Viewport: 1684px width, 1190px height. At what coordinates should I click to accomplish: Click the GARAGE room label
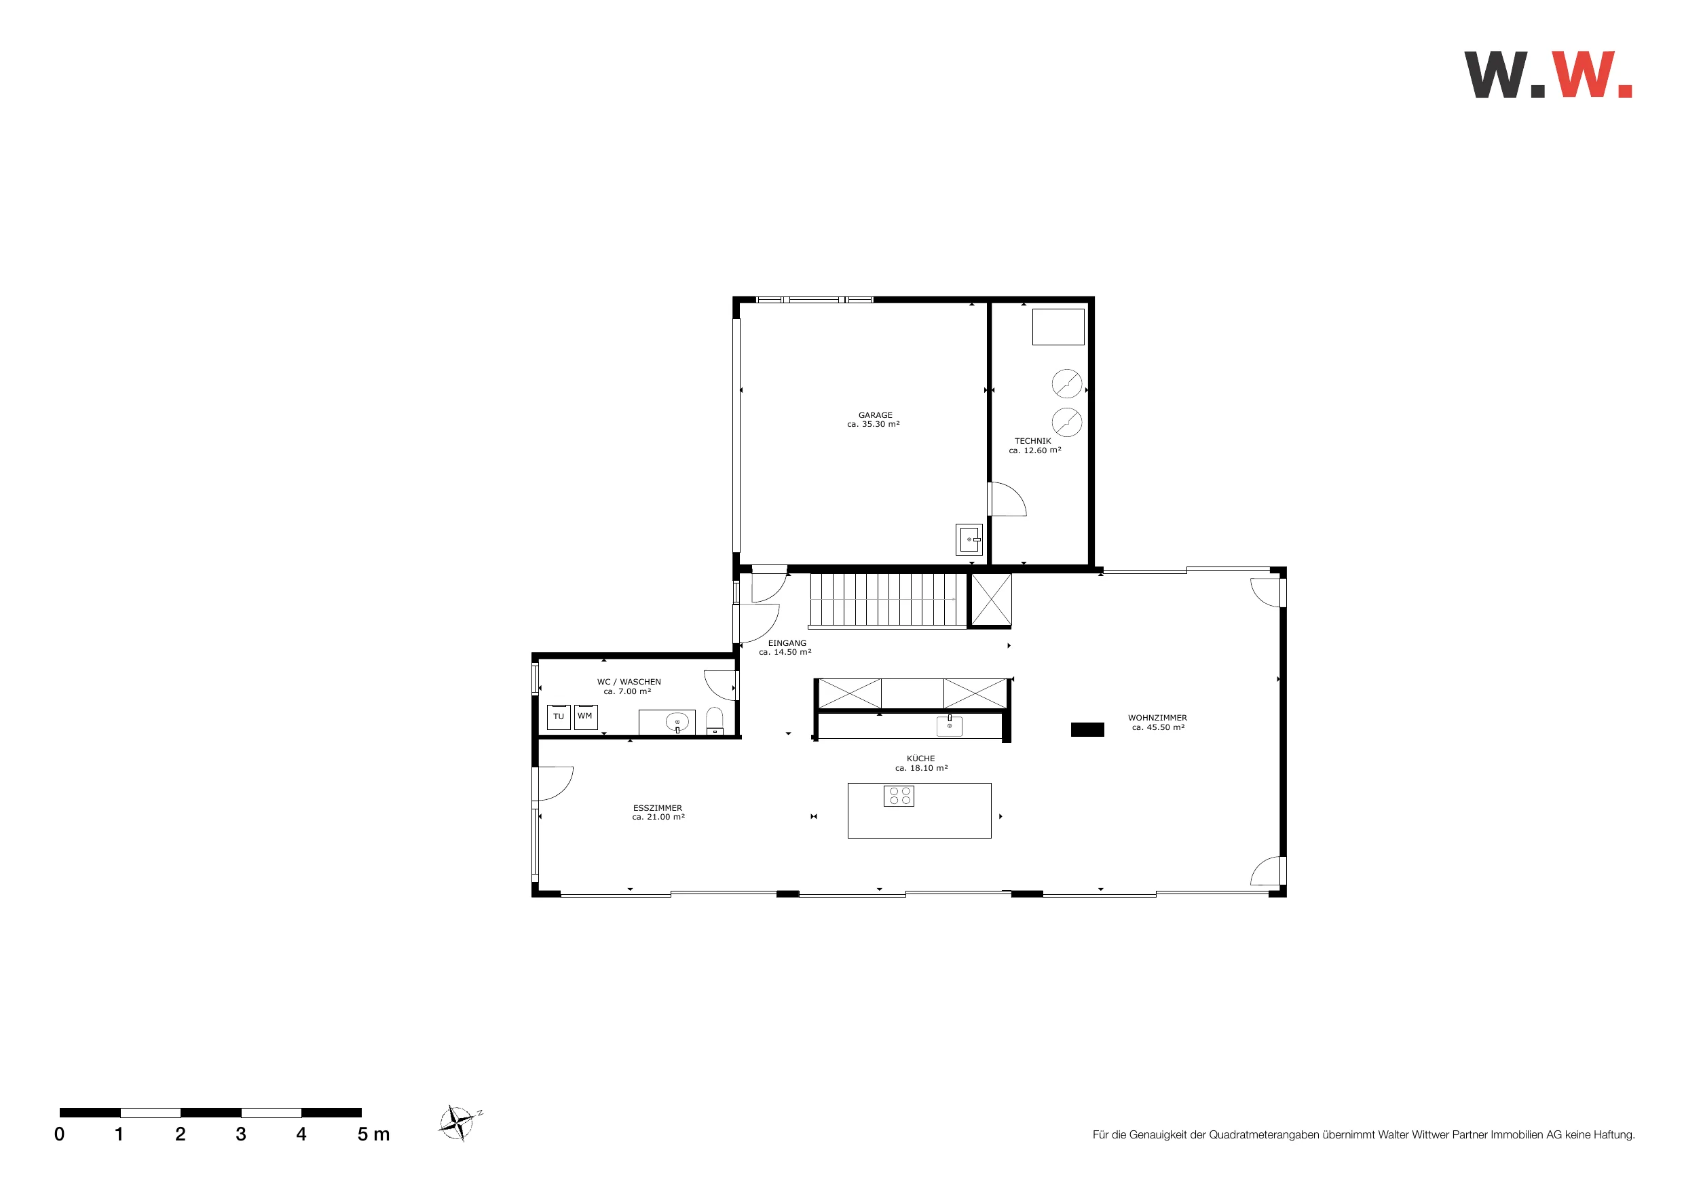click(875, 415)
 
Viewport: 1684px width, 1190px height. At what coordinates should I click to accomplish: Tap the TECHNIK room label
click(1032, 442)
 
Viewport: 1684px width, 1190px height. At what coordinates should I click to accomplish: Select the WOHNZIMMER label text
click(1157, 718)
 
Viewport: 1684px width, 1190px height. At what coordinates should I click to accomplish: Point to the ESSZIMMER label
click(657, 808)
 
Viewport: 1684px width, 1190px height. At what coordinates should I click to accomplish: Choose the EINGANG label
click(787, 643)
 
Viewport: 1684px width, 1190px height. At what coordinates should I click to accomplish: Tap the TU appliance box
click(559, 717)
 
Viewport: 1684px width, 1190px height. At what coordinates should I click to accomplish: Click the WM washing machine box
click(585, 716)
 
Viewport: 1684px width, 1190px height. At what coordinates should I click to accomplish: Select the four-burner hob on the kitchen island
click(899, 796)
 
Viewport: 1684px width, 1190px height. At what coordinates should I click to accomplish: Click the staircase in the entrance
click(887, 600)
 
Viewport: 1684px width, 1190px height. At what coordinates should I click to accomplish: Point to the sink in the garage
click(969, 539)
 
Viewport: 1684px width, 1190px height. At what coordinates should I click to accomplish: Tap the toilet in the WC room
click(714, 721)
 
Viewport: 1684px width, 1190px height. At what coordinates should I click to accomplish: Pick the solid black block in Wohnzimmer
click(1087, 729)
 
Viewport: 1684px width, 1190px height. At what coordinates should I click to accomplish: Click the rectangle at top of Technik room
click(1058, 327)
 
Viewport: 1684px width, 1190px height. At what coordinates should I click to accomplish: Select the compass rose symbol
click(457, 1123)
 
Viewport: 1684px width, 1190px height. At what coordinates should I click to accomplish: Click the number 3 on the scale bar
click(240, 1134)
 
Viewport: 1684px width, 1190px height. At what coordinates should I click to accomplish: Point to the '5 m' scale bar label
click(373, 1134)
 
